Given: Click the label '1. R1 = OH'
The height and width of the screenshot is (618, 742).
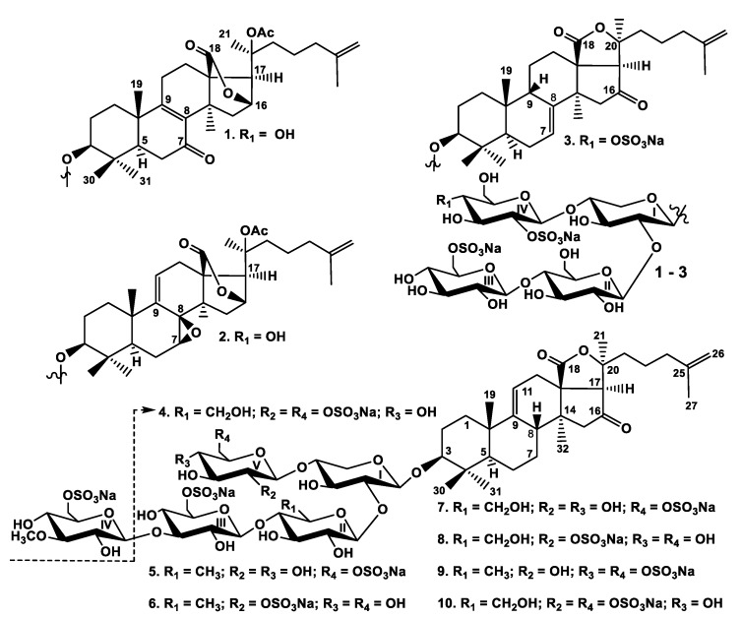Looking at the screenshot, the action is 260,135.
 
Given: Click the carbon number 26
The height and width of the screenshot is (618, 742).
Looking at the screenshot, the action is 717,354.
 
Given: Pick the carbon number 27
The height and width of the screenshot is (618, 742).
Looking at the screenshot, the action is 691,405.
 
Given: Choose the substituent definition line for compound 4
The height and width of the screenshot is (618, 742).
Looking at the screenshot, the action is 297,411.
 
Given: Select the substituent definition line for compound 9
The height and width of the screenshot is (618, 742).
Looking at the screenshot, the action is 567,571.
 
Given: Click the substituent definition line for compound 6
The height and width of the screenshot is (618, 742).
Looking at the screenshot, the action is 277,603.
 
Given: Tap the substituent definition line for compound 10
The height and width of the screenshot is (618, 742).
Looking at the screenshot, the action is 581,603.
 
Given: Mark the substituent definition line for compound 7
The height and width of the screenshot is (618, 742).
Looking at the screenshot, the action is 577,508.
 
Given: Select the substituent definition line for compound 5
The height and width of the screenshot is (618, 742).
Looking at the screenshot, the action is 277,572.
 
